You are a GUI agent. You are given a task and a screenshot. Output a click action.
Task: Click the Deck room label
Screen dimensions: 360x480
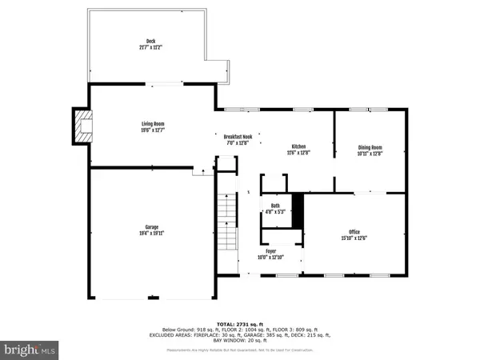coord(150,42)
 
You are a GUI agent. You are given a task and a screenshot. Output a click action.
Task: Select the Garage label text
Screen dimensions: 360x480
coord(151,226)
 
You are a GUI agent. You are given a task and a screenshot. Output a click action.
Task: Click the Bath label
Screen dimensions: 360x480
coord(275,206)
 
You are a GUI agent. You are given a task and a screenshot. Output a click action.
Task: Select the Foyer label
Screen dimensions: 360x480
coord(271,250)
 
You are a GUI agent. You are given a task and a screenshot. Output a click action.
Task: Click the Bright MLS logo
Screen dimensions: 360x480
coord(30,348)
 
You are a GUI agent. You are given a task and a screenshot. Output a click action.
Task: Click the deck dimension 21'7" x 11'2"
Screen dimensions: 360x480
coord(150,47)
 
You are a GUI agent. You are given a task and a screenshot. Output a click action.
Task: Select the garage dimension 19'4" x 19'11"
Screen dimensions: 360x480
coord(151,233)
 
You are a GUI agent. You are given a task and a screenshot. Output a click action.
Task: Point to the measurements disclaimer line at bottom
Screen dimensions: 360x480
coord(240,350)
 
